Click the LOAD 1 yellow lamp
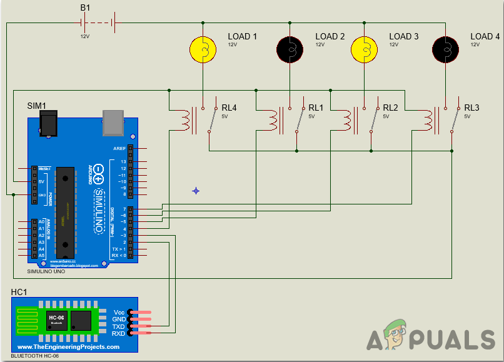[x=202, y=49]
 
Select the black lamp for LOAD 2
[x=289, y=49]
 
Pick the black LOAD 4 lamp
[x=445, y=49]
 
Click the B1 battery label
[x=85, y=8]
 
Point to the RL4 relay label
[x=229, y=108]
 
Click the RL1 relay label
[x=316, y=108]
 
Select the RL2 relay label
[x=390, y=108]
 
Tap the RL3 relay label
[x=471, y=108]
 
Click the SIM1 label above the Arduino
[x=38, y=106]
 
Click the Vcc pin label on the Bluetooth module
[x=119, y=311]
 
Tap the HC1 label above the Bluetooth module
[x=19, y=292]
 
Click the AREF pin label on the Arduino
[x=118, y=148]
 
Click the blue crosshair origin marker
[x=196, y=190]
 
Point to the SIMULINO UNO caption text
[x=46, y=272]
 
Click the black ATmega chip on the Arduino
[x=64, y=209]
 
